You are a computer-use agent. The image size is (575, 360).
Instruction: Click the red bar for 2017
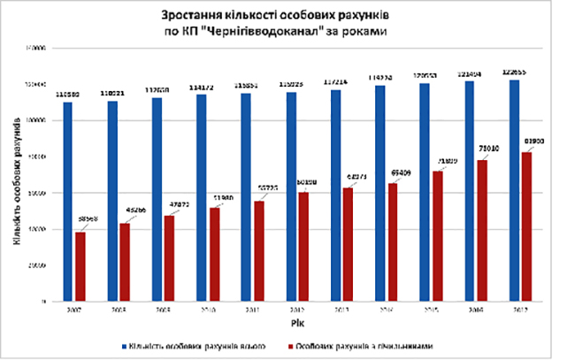tap(527, 226)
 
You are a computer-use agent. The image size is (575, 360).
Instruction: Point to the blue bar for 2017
tap(515, 190)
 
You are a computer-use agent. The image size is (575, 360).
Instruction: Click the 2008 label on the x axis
tap(119, 310)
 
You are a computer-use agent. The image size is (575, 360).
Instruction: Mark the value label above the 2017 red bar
tap(532, 142)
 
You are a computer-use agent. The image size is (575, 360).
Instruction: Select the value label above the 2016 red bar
tap(488, 150)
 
